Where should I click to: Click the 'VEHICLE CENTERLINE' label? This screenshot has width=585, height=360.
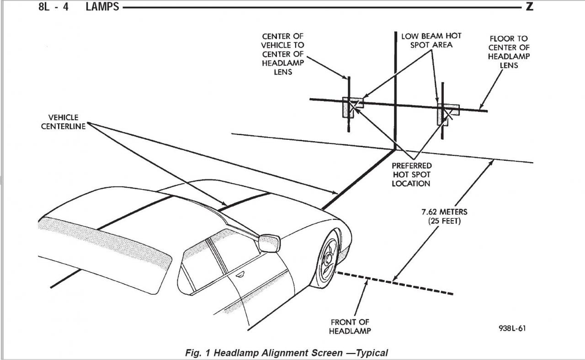point(63,122)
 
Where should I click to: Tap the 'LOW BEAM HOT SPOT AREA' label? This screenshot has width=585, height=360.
point(431,40)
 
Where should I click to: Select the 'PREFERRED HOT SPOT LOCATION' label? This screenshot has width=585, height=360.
point(411,175)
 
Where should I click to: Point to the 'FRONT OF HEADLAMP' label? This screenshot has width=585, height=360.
point(350,327)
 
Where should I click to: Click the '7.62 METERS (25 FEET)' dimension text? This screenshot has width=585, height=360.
point(444,217)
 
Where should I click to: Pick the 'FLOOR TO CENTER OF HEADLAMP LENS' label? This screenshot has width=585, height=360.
point(509,52)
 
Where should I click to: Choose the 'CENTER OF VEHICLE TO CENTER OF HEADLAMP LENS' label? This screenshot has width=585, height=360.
point(282,54)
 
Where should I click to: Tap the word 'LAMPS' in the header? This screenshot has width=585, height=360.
point(102,7)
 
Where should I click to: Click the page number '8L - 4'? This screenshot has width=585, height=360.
point(53,7)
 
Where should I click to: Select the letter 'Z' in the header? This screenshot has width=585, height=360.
point(529,7)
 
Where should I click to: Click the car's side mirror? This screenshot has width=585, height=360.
point(270,243)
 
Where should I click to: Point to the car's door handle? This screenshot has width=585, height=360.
point(239,275)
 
